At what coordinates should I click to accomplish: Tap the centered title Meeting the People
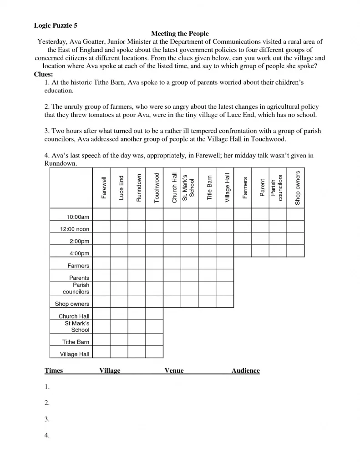coord(180,34)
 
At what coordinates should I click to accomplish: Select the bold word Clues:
coord(44,74)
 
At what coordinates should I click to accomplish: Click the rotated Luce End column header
coord(121,188)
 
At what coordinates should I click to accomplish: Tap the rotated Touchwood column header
coord(157,187)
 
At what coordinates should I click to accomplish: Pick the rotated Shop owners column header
coord(298,187)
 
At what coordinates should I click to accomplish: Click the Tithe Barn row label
coord(76,342)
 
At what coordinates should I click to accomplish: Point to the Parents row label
coord(79,278)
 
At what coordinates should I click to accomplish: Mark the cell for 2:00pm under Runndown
coord(137,239)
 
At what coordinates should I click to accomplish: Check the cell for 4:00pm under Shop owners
coord(295,251)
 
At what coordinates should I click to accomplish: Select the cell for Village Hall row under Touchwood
coord(154,352)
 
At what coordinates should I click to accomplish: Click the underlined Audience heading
coord(245,371)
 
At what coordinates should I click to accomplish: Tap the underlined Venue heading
coord(174,371)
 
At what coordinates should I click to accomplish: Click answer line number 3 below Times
coord(47,419)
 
